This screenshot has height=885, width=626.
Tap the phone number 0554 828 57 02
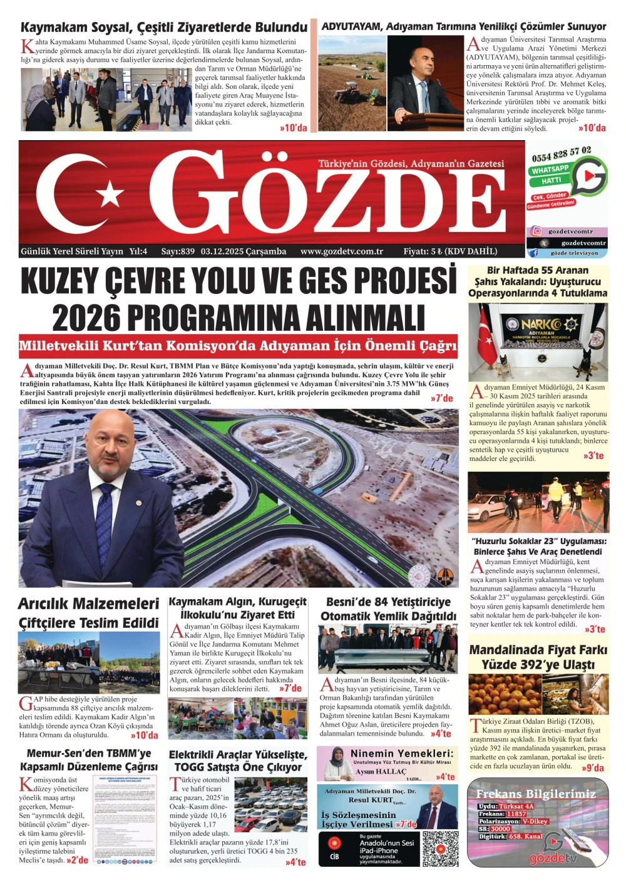coord(561,154)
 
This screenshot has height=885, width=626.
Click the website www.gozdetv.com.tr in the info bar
coord(342,251)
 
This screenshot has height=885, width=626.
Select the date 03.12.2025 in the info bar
coord(244,251)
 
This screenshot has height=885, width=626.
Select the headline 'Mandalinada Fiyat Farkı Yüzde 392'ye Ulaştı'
coord(538,657)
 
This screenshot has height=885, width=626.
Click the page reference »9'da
coord(592,768)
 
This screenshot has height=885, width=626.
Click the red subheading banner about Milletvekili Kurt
coord(238,346)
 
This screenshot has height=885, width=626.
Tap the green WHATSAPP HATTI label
coord(550,174)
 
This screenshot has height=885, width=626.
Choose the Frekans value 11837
coord(517,814)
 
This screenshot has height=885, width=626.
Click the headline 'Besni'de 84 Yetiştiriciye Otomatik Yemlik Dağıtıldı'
coord(388,609)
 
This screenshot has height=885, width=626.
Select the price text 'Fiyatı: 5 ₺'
coord(423,251)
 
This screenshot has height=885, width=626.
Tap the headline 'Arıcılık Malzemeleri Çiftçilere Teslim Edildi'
coord(89,613)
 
